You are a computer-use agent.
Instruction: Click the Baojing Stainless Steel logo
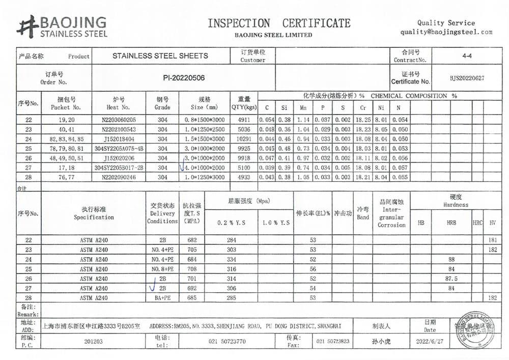pyautogui.click(x=62, y=27)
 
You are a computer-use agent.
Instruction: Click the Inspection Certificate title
pyautogui.click(x=279, y=23)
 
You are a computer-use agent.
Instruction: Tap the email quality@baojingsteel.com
pyautogui.click(x=446, y=32)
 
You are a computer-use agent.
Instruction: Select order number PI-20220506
pyautogui.click(x=184, y=78)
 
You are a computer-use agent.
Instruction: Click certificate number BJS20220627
pyautogui.click(x=467, y=78)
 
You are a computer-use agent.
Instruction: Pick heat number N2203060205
pyautogui.click(x=119, y=120)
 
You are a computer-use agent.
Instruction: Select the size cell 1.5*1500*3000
pyautogui.click(x=204, y=139)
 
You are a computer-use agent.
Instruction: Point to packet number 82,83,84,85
pyautogui.click(x=66, y=139)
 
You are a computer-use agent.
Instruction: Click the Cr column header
pyautogui.click(x=363, y=107)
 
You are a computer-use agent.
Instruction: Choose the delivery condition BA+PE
pyautogui.click(x=162, y=298)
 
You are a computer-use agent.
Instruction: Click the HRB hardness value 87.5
pyautogui.click(x=451, y=279)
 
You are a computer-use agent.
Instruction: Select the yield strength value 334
pyautogui.click(x=231, y=259)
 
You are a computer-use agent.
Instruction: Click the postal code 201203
pyautogui.click(x=94, y=341)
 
